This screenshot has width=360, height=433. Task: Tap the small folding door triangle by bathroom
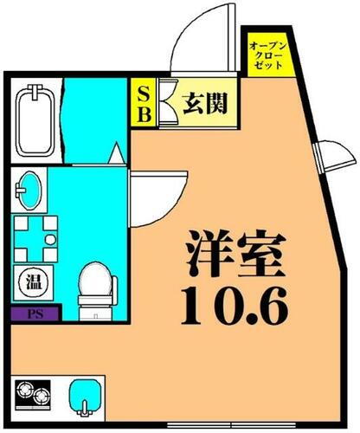point(114,156)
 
